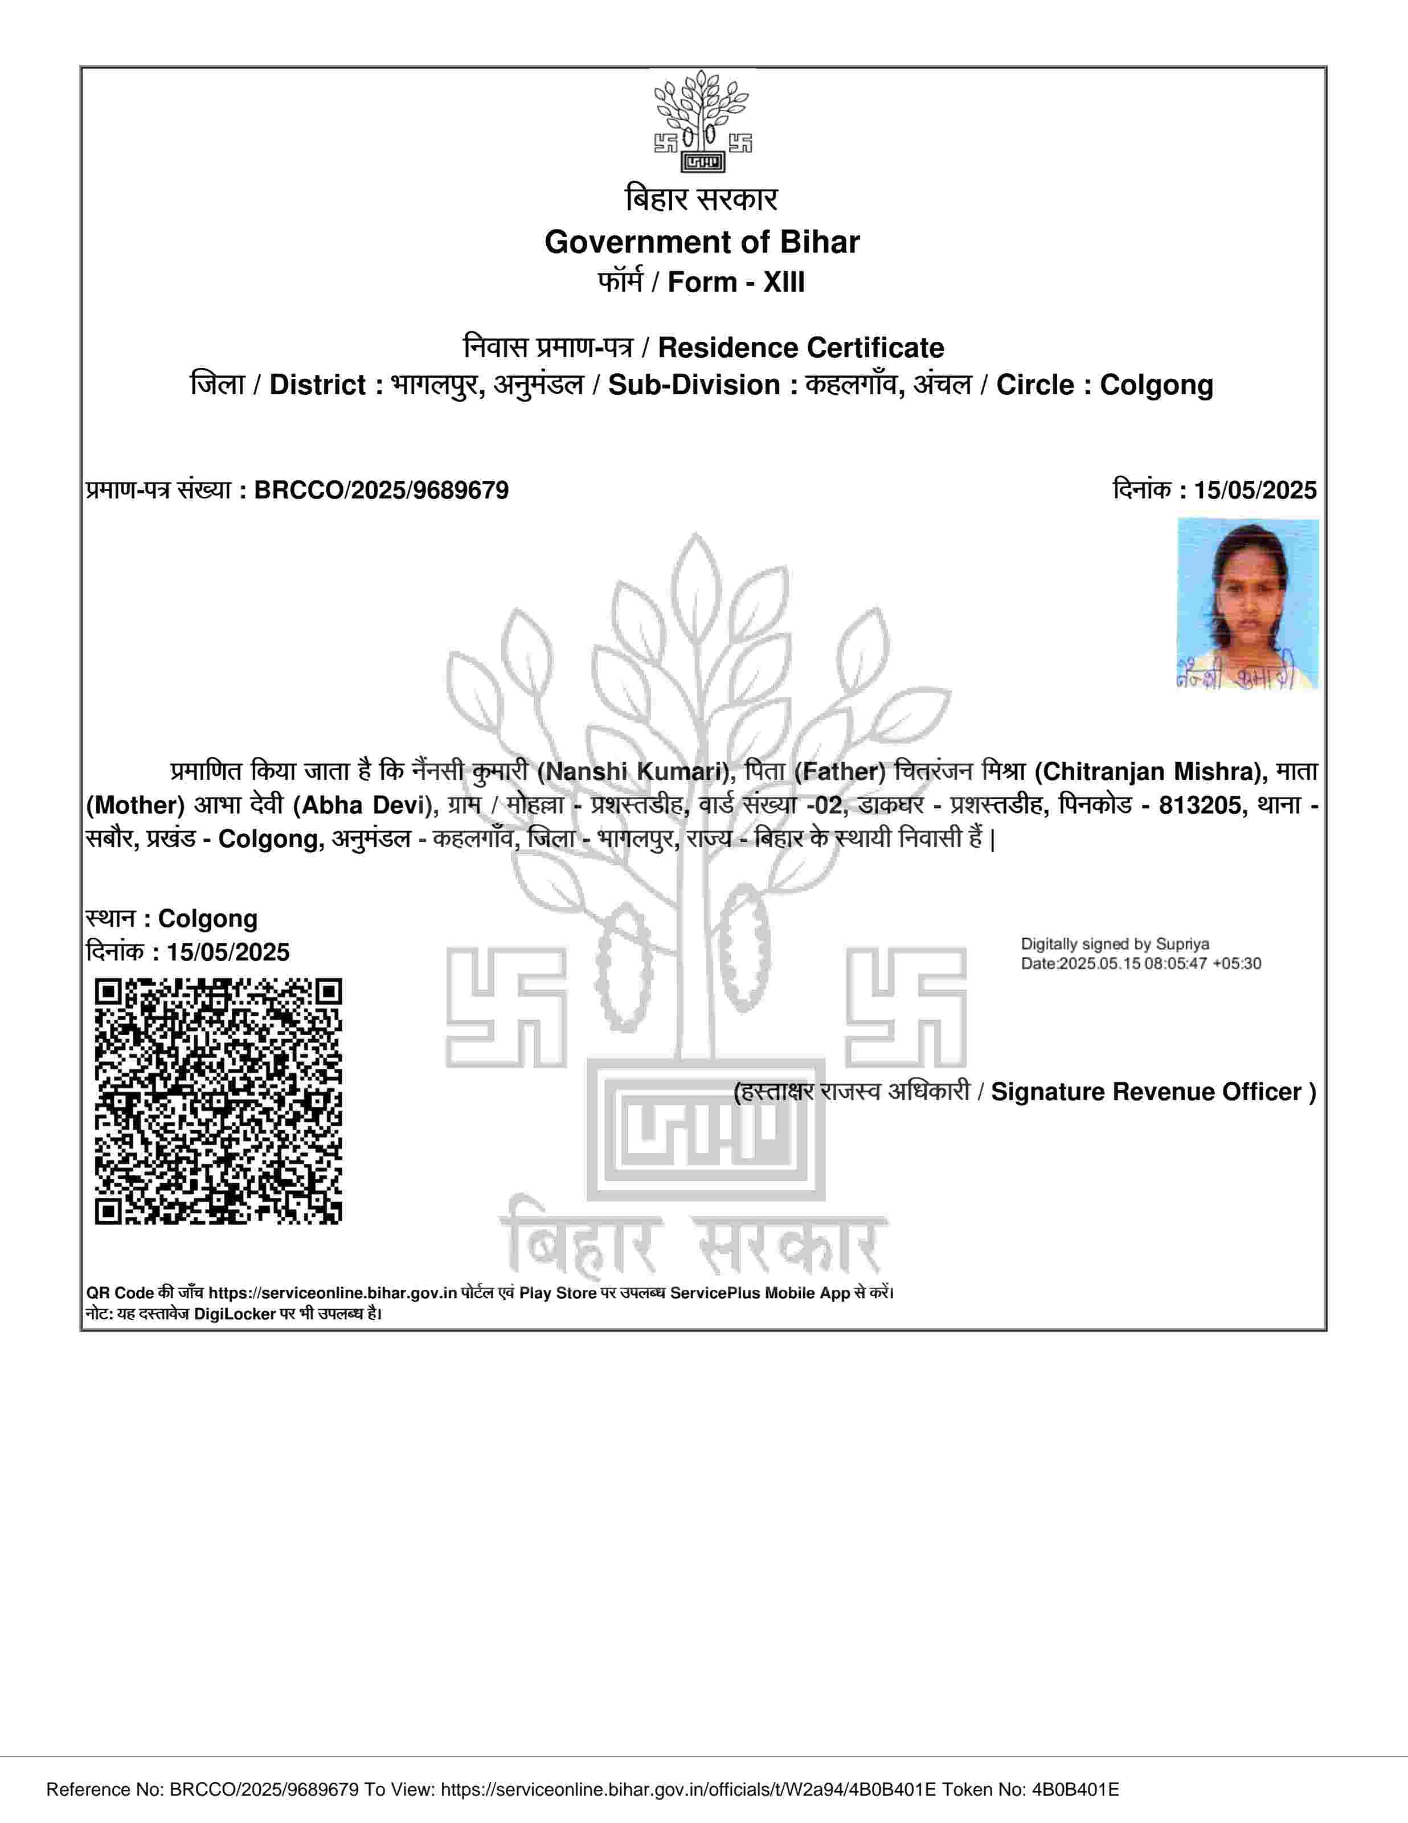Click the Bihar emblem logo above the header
coord(703,122)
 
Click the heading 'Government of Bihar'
coord(702,242)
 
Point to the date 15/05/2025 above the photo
coord(1254,490)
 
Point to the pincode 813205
coord(1200,806)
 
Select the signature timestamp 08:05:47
coord(1173,963)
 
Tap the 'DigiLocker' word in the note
coord(235,1313)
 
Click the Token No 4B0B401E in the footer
coord(1075,1789)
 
